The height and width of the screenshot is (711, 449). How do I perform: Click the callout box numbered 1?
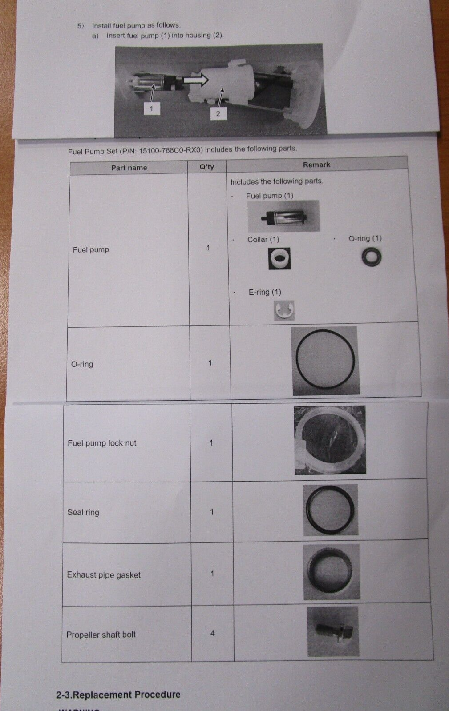coord(152,108)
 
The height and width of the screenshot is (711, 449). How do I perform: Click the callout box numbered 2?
coord(218,114)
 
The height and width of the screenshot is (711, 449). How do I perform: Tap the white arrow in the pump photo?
coord(195,80)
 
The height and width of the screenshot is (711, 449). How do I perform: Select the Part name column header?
coord(129,168)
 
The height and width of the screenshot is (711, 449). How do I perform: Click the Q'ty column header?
coord(206,167)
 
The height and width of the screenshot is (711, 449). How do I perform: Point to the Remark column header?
coord(316,165)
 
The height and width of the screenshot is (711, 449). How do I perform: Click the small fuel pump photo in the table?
coord(284,216)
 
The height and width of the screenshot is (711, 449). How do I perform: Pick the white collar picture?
coord(279,258)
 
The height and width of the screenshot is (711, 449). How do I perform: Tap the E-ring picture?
coord(284,310)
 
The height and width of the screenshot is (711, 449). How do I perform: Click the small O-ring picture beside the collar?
coord(371,257)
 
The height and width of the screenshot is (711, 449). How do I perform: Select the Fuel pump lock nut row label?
coord(102,443)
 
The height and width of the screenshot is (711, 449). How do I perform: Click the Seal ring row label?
coord(83,512)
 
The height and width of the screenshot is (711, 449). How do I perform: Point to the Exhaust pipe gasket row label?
coord(104,575)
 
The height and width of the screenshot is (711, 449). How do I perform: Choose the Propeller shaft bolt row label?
coord(101,635)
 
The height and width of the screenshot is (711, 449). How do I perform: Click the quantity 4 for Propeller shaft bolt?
coord(213,633)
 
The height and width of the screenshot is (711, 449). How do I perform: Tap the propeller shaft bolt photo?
coord(333,631)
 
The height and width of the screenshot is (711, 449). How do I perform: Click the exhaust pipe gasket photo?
coord(332,572)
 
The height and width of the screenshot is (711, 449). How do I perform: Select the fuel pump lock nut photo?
coord(330,440)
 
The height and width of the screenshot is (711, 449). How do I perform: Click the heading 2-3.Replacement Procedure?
coord(118,695)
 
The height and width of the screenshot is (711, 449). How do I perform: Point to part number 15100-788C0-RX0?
coord(170,150)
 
